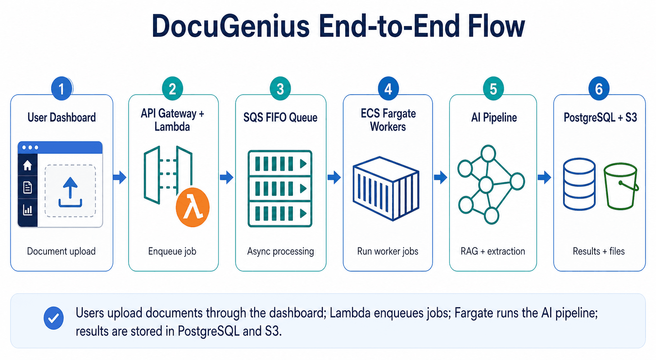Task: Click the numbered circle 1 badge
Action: [x=62, y=88]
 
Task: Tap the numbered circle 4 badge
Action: [x=388, y=88]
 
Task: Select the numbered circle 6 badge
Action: [x=599, y=88]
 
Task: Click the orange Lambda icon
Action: [x=193, y=207]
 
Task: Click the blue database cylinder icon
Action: [x=579, y=184]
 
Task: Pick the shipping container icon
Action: [x=386, y=188]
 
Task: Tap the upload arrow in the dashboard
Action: [x=70, y=192]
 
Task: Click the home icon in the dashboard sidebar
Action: [x=28, y=165]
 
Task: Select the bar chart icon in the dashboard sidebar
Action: [x=28, y=210]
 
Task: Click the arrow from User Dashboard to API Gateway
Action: [x=120, y=177]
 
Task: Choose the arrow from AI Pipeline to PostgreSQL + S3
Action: [x=544, y=177]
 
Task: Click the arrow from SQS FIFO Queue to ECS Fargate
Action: [x=334, y=177]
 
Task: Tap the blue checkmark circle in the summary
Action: [x=53, y=318]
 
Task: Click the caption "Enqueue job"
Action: [x=172, y=251]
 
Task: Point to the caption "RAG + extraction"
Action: [x=493, y=251]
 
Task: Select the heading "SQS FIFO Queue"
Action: [x=280, y=117]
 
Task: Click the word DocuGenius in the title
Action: [x=231, y=26]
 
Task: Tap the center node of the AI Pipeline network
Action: [x=486, y=185]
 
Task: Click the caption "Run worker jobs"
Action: [x=388, y=251]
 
